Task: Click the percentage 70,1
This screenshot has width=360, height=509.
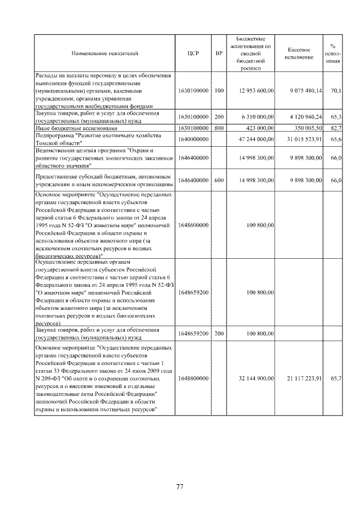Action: pos(336,90)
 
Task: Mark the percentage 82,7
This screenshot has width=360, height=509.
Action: pos(336,128)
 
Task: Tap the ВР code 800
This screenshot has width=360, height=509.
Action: pos(219,128)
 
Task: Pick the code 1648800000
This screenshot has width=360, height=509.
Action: pos(193,379)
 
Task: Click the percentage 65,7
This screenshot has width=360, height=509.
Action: pos(336,379)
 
